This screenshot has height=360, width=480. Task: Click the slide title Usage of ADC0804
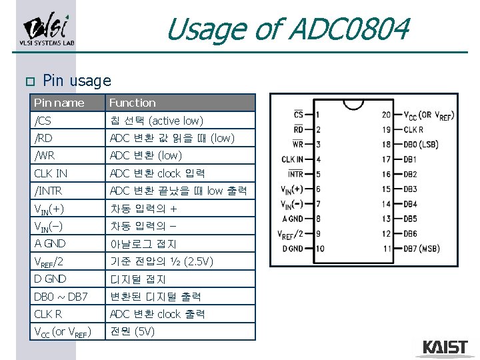pos(287,30)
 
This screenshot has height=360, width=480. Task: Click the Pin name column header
pos(59,103)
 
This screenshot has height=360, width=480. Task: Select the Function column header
pos(133,103)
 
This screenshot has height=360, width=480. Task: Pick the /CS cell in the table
pos(43,121)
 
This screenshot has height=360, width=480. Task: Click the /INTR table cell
pos(48,191)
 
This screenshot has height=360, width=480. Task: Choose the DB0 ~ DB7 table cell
pos(61,296)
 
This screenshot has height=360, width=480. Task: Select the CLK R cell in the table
pos(49,313)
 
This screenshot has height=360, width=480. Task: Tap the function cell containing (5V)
pos(133,331)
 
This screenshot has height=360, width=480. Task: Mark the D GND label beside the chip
pos(292,249)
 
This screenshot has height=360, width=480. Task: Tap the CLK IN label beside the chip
pos(292,159)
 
